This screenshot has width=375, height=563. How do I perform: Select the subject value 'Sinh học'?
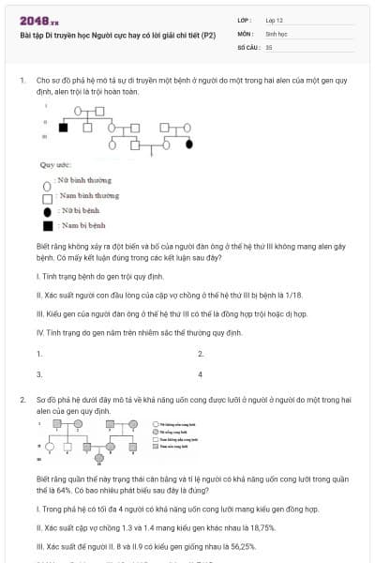click(x=277, y=32)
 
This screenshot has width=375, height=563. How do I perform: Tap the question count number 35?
click(x=269, y=45)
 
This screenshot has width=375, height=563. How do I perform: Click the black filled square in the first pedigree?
click(x=64, y=125)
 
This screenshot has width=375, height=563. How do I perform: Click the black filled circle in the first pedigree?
click(x=190, y=145)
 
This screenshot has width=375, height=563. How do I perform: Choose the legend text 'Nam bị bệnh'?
click(x=82, y=225)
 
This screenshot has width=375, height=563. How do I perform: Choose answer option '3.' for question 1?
click(x=39, y=373)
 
